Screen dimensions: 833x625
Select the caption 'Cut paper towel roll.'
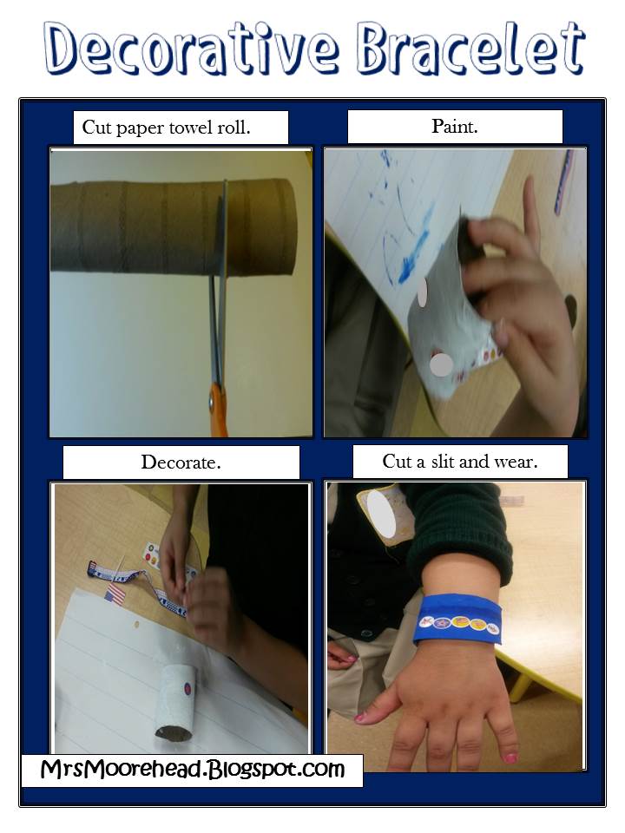click(180, 128)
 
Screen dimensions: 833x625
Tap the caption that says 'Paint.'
click(454, 127)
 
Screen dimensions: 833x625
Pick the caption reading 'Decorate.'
click(181, 462)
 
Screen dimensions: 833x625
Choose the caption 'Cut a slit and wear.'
click(459, 462)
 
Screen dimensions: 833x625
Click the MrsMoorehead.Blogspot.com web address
click(192, 769)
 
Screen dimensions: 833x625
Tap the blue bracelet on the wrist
click(457, 620)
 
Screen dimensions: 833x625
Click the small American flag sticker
click(115, 595)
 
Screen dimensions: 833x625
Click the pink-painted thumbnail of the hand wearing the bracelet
click(362, 717)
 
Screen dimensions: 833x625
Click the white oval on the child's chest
click(381, 515)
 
